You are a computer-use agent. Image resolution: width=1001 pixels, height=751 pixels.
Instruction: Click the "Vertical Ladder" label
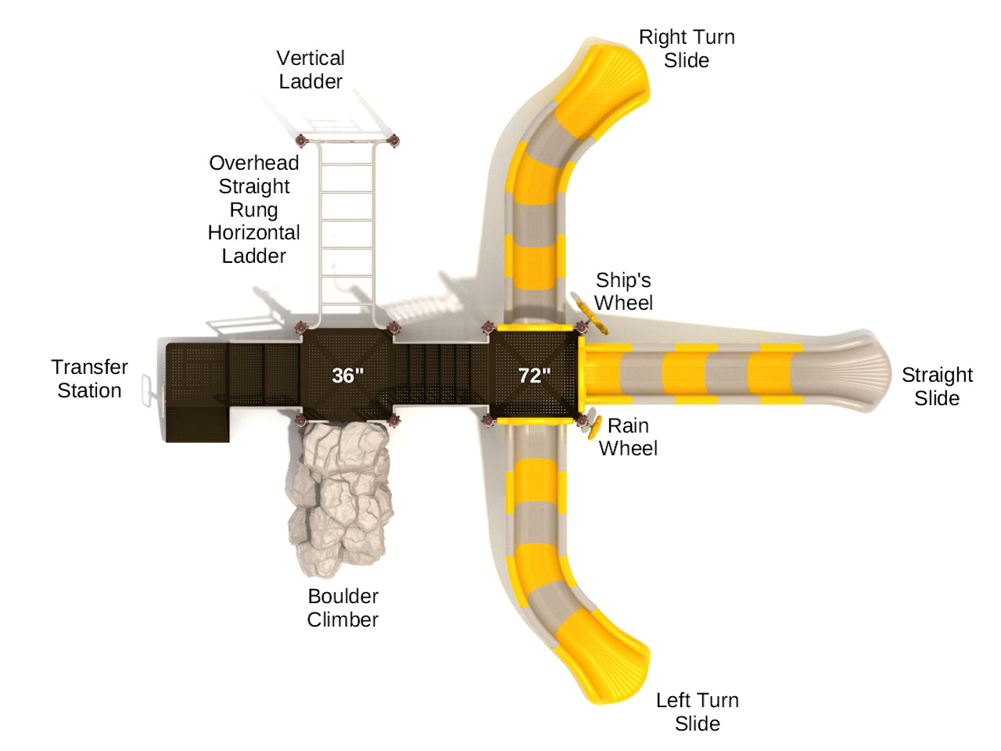(310, 70)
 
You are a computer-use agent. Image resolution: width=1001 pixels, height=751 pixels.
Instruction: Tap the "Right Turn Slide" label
(687, 49)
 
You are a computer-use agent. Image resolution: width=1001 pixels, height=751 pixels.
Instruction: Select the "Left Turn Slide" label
(697, 711)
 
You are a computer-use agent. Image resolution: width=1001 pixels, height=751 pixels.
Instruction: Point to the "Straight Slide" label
(937, 386)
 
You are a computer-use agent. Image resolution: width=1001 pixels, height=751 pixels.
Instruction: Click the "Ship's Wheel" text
(623, 291)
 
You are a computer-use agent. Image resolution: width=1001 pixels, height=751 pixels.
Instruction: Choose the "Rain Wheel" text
(628, 437)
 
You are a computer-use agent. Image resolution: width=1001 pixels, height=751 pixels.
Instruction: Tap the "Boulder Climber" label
(343, 608)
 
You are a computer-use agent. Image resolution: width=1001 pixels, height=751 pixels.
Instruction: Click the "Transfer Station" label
(90, 379)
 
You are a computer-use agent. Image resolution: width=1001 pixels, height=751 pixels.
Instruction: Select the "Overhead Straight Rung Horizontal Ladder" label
(254, 209)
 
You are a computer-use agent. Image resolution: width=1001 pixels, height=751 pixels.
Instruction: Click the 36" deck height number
(347, 375)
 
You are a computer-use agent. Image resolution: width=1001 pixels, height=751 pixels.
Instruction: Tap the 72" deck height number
(535, 375)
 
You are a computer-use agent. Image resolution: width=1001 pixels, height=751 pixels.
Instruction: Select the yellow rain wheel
(594, 427)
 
